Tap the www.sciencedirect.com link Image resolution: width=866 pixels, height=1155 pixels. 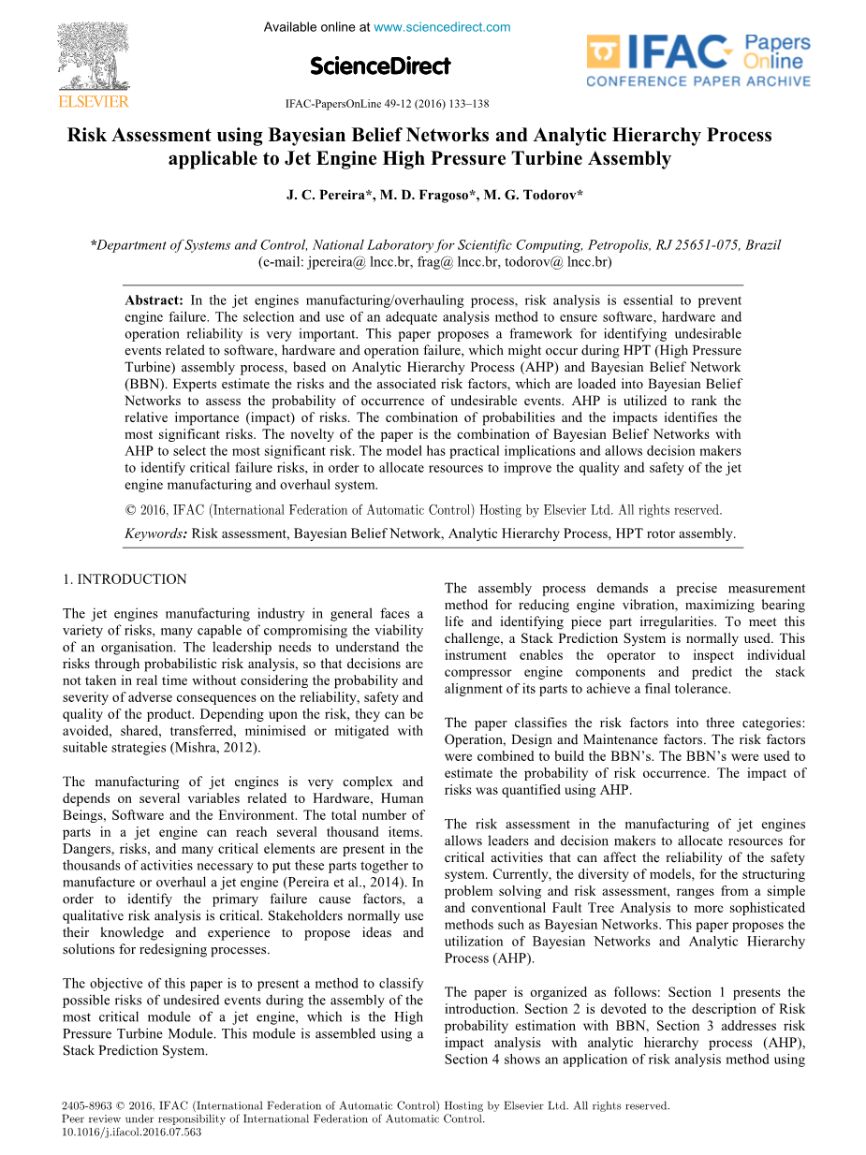(442, 27)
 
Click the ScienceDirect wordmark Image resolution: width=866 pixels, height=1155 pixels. (380, 66)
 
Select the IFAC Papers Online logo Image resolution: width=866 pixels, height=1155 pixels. (698, 61)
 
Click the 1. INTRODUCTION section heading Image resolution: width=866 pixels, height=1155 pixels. (125, 579)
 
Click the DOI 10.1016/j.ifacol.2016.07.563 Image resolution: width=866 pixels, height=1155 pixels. (131, 1131)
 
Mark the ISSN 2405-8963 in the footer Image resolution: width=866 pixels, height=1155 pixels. (82, 1106)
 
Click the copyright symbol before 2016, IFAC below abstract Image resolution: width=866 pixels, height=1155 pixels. (130, 511)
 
